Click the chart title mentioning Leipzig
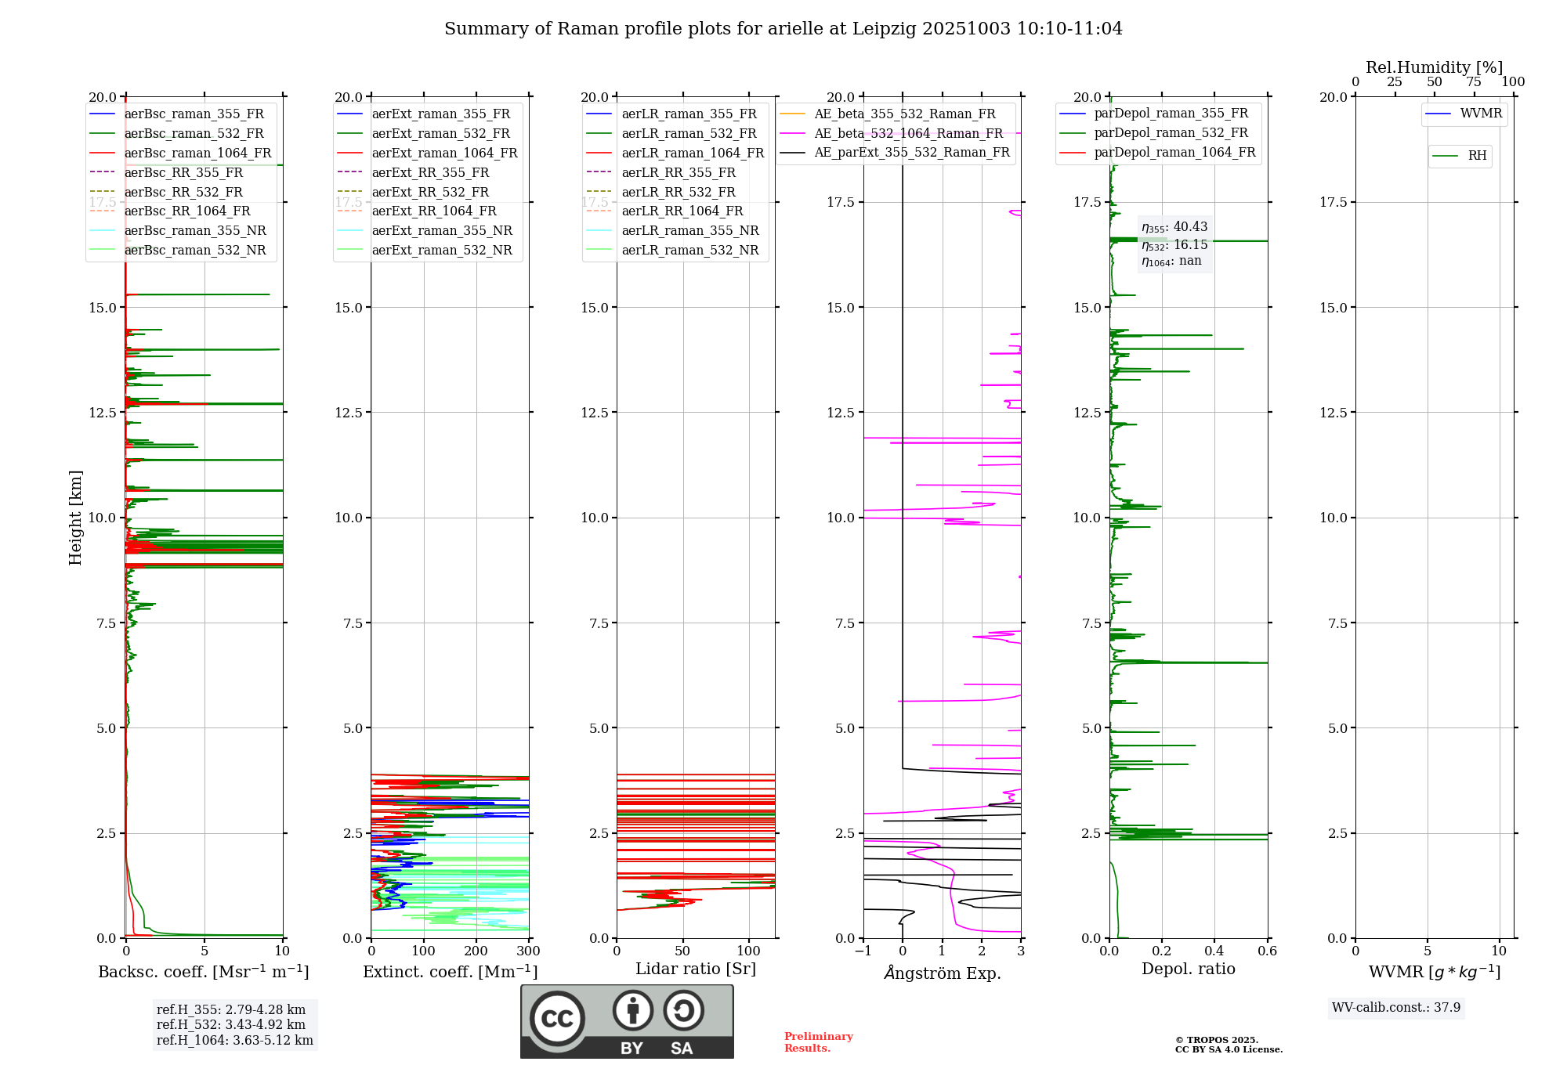point(783,29)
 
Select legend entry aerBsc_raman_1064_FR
point(197,153)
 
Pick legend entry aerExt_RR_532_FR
point(429,192)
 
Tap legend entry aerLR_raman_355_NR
point(689,230)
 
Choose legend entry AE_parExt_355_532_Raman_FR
point(911,152)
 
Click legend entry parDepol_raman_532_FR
point(1171,133)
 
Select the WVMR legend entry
point(1480,114)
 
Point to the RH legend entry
point(1476,156)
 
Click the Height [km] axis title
point(75,518)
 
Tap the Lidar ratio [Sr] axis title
point(695,969)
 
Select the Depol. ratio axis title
point(1188,969)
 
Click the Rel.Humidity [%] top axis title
point(1434,67)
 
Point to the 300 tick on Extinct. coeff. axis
point(528,951)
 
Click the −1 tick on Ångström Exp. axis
point(863,951)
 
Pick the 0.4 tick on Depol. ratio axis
point(1214,951)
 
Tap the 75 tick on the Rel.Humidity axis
point(1473,81)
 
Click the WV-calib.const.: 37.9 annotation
point(1395,1007)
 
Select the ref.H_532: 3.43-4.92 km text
point(230,1024)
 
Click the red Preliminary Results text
point(818,1042)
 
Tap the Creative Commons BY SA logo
point(627,1021)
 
